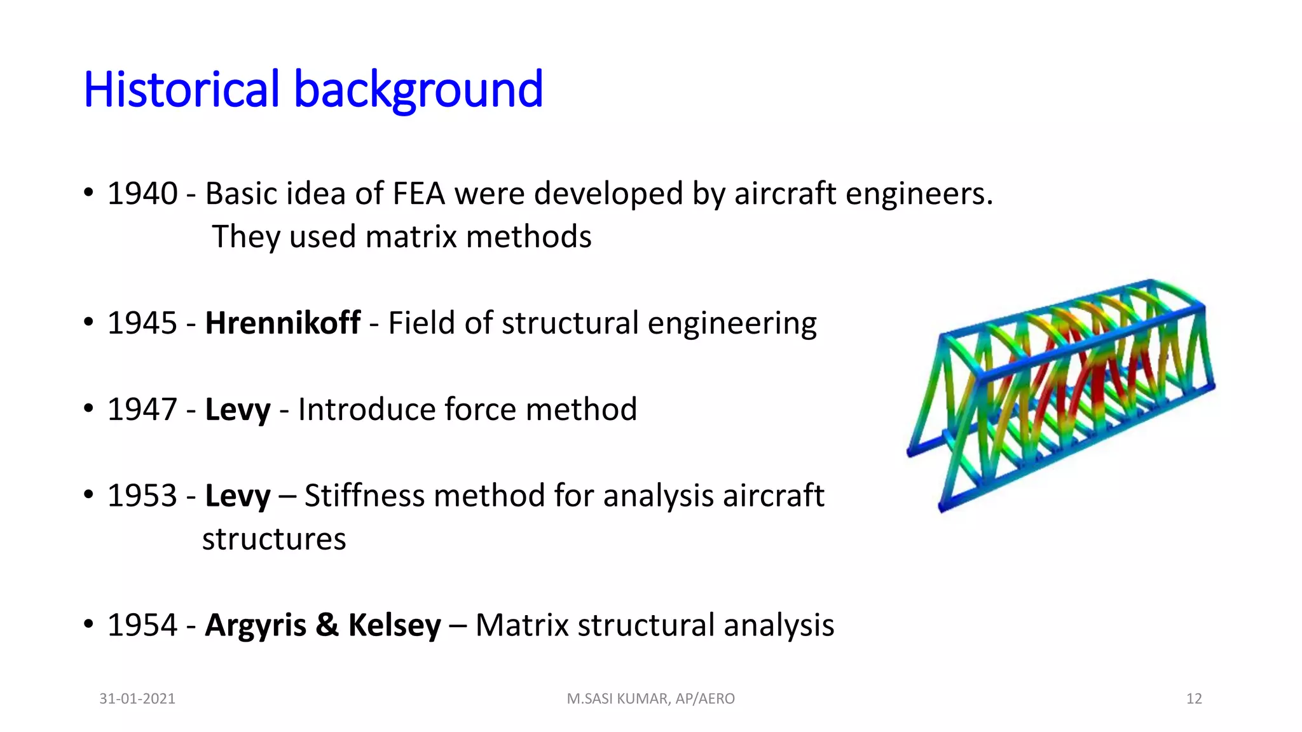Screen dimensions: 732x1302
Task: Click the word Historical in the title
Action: (x=181, y=90)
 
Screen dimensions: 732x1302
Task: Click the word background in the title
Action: (x=418, y=90)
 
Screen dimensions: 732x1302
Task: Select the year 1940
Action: (x=142, y=194)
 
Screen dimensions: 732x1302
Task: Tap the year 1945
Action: (x=142, y=323)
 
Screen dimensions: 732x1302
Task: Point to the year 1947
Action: (x=142, y=410)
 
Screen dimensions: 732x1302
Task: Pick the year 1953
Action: (x=142, y=496)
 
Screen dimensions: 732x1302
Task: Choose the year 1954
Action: (x=142, y=626)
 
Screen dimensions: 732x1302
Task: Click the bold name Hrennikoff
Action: (x=282, y=323)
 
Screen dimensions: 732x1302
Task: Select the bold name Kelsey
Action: (x=394, y=626)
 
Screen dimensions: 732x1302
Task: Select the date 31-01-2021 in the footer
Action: (x=137, y=699)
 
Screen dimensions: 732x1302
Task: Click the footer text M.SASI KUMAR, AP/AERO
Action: (x=650, y=699)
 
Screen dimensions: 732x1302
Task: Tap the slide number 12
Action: (x=1194, y=699)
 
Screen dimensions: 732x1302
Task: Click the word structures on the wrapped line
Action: (x=274, y=539)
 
